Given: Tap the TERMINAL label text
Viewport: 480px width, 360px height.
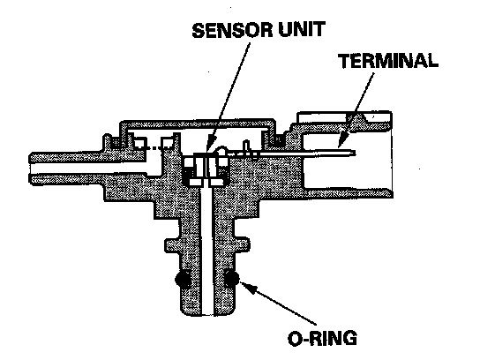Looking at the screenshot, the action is tap(388, 61).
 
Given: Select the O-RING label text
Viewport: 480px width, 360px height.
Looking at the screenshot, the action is tap(323, 338).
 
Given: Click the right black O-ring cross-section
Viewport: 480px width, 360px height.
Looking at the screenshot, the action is tap(231, 279).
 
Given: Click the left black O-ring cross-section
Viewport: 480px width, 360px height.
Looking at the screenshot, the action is tap(183, 279).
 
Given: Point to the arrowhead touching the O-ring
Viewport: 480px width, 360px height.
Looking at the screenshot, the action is tap(247, 287).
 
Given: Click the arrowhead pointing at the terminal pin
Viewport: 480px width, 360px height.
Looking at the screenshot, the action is tap(343, 141).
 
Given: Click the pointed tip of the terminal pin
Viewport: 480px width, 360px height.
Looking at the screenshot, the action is tap(355, 153).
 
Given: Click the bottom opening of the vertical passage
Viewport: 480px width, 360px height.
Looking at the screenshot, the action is tap(208, 314).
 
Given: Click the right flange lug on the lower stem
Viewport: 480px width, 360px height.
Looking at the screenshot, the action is tap(243, 245).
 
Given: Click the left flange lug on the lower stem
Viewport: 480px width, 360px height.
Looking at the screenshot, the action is tap(172, 245).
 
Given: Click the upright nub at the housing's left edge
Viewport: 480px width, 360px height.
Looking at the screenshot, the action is tap(107, 141).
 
